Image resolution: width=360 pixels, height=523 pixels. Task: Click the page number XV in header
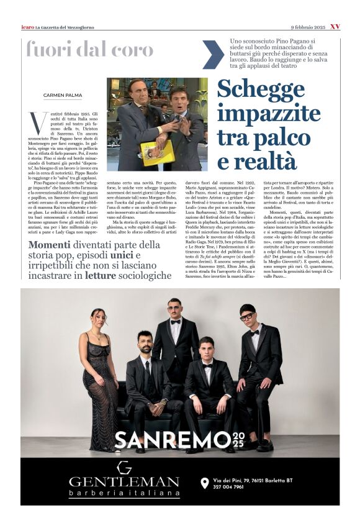335,27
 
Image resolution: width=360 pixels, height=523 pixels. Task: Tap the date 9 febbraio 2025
307,27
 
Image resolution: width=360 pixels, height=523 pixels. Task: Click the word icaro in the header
27,27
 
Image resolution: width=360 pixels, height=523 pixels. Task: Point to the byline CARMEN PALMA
62,95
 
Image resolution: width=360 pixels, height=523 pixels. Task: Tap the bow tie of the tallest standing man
176,322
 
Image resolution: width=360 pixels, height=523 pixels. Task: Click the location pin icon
204,483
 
